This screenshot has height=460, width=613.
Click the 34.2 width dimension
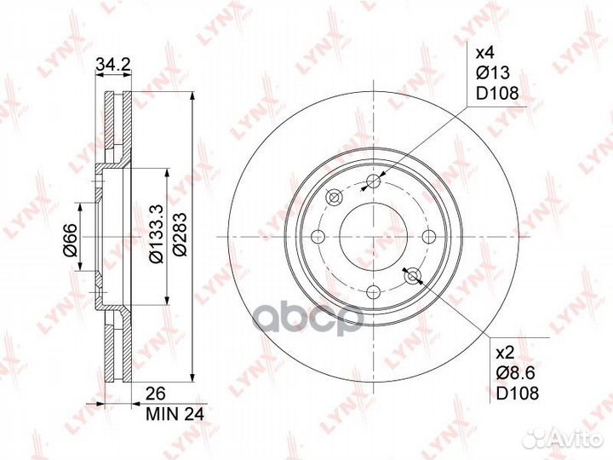(x=113, y=65)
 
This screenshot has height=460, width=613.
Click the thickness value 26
(x=155, y=394)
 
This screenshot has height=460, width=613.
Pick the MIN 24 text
(x=175, y=414)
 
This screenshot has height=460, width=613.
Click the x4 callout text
(x=485, y=52)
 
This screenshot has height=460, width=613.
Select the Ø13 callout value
(x=493, y=72)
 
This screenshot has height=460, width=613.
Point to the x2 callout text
(x=504, y=354)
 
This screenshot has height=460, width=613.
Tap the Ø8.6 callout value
(x=515, y=373)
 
